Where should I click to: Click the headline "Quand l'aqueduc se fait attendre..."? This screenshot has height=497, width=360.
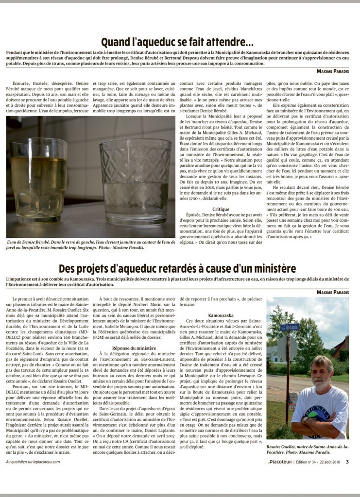[x=177, y=42]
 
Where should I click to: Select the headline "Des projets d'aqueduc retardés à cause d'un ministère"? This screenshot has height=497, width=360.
[x=177, y=268]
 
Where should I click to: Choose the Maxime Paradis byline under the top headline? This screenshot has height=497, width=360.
[x=332, y=71]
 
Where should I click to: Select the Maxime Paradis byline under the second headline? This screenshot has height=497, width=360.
[x=332, y=292]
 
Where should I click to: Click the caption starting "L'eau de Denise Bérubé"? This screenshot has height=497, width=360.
[x=90, y=244]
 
